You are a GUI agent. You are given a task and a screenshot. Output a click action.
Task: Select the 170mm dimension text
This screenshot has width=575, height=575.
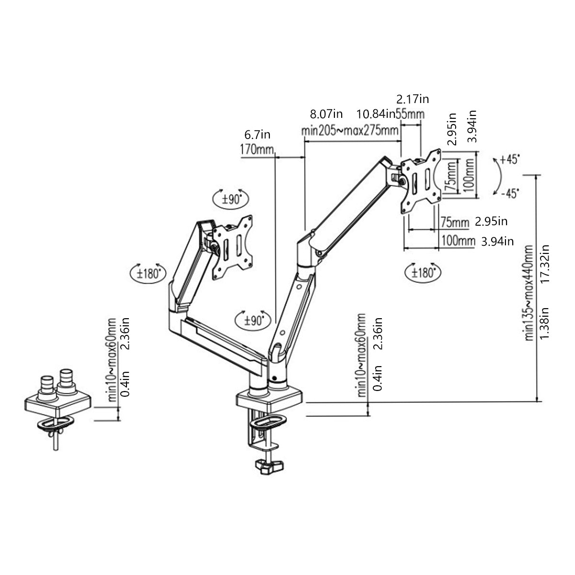(x=256, y=149)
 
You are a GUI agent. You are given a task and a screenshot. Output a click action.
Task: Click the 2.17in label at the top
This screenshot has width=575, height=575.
(x=413, y=99)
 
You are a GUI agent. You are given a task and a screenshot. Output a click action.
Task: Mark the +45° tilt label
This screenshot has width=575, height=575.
(x=509, y=160)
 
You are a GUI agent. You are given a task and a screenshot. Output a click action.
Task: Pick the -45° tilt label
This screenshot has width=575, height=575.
(x=509, y=193)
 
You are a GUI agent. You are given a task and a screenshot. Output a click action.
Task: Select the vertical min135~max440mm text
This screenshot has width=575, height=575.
(x=529, y=292)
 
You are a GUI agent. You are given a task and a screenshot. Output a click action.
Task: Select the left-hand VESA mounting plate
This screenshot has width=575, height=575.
(x=232, y=247)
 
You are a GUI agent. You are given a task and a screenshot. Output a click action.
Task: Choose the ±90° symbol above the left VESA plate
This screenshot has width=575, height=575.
(x=231, y=199)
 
